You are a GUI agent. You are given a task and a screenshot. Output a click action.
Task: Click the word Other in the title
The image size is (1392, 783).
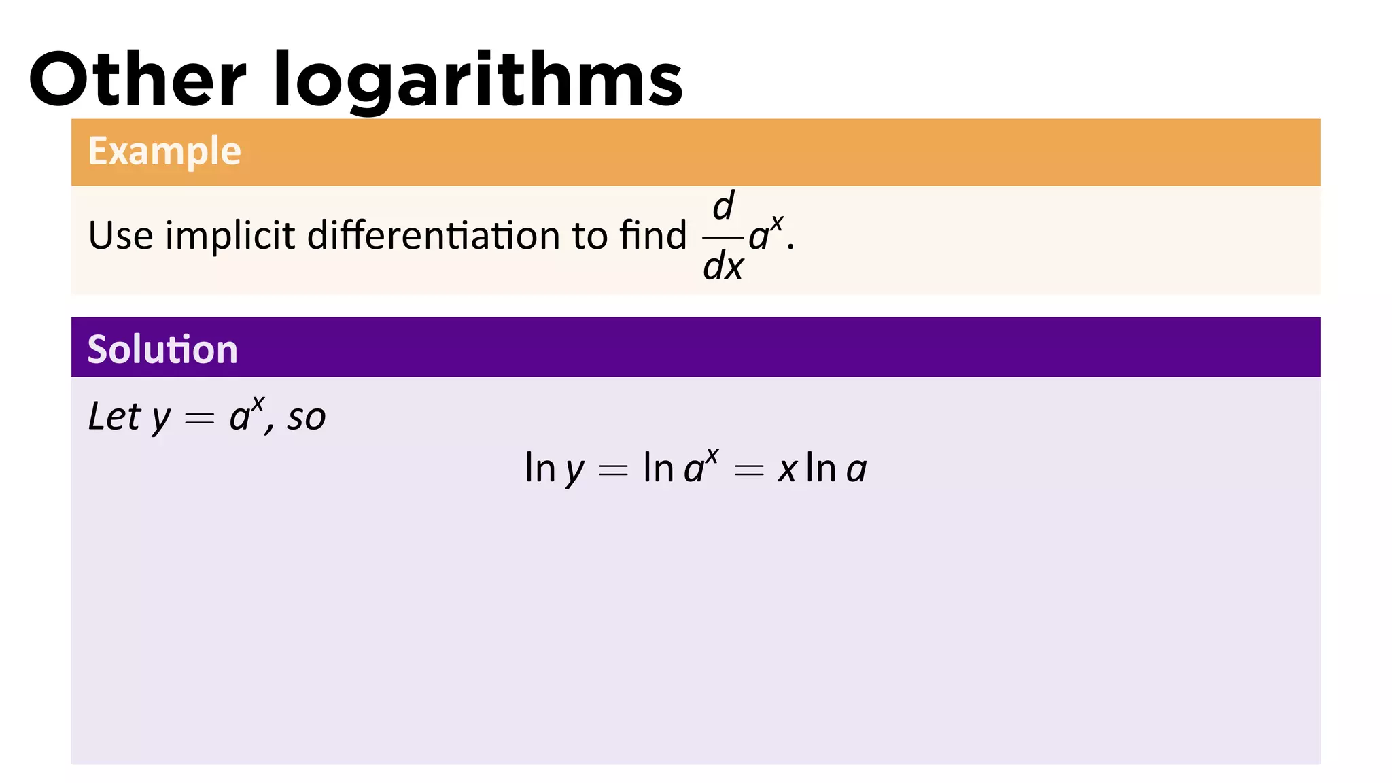(x=137, y=80)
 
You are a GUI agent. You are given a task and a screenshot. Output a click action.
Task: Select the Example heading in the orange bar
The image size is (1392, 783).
(x=164, y=151)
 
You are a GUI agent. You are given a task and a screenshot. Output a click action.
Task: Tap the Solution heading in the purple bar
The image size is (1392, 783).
(x=162, y=349)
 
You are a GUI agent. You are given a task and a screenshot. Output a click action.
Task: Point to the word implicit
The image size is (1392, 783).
(x=230, y=236)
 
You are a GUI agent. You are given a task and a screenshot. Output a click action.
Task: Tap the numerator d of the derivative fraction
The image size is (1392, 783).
(x=724, y=205)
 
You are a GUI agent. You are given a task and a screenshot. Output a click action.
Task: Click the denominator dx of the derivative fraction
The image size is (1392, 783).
(x=723, y=266)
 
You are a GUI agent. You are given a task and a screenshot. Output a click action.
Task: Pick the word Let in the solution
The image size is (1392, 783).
(x=115, y=416)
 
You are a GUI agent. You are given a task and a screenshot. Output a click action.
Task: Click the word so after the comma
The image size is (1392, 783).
(x=307, y=417)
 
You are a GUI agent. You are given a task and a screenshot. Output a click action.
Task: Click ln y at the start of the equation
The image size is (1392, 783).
(x=554, y=469)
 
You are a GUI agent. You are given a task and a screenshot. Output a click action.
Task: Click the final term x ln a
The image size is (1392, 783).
(x=822, y=469)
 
